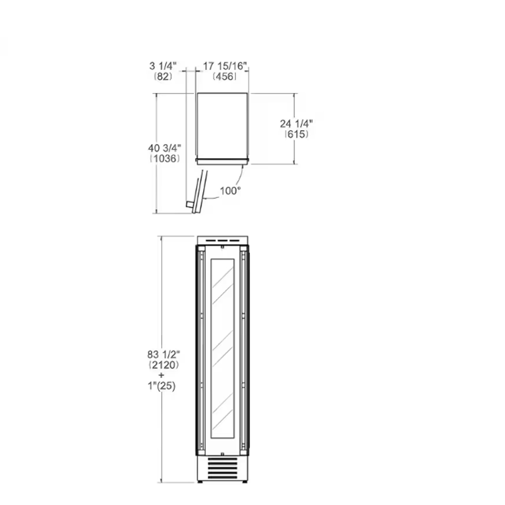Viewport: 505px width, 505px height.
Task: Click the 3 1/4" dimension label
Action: point(163,66)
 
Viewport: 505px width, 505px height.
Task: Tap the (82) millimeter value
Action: point(163,76)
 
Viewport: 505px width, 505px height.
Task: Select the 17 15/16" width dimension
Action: point(225,66)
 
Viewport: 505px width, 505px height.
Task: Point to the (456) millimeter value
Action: point(225,76)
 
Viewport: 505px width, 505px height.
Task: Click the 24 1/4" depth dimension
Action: point(296,123)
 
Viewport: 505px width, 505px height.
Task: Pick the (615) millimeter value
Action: point(296,134)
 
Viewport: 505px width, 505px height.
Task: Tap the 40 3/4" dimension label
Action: point(165,148)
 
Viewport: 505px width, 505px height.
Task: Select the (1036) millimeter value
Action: point(165,158)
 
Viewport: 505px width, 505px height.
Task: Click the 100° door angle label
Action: point(230,191)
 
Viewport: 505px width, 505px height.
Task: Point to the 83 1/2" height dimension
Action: point(164,355)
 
